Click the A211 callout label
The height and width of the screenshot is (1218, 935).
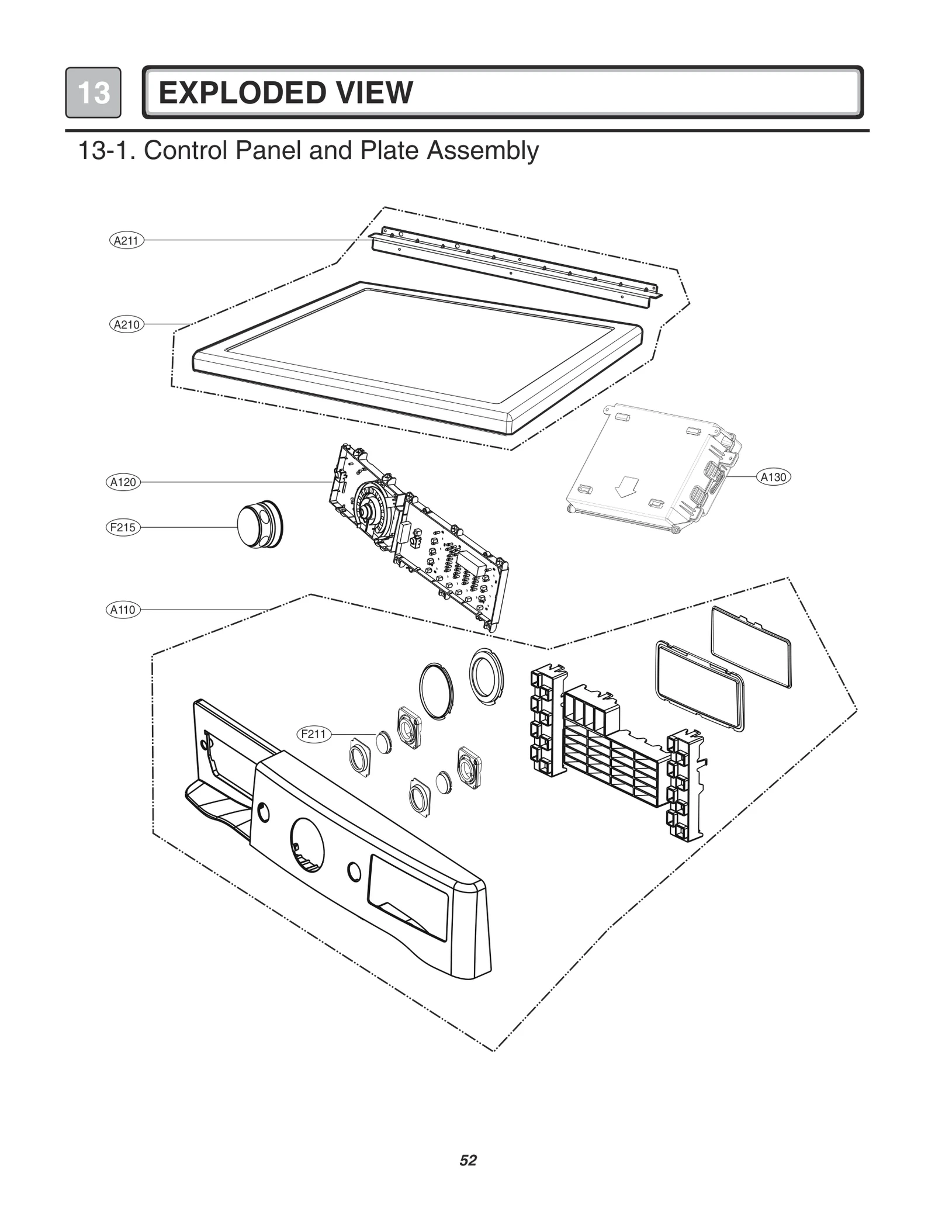point(126,240)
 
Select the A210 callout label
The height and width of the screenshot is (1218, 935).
point(126,324)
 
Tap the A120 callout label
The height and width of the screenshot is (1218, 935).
point(123,482)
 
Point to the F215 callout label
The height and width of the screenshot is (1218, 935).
point(123,528)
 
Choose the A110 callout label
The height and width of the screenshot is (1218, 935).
point(123,610)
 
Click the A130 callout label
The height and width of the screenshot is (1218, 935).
point(774,477)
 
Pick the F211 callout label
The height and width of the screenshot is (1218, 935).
point(314,734)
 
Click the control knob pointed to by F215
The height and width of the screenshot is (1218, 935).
point(258,525)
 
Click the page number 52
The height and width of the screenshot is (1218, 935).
point(468,1161)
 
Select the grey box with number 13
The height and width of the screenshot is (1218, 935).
point(93,93)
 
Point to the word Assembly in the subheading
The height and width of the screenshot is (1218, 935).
point(483,151)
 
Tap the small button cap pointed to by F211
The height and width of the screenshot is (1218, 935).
point(384,742)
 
